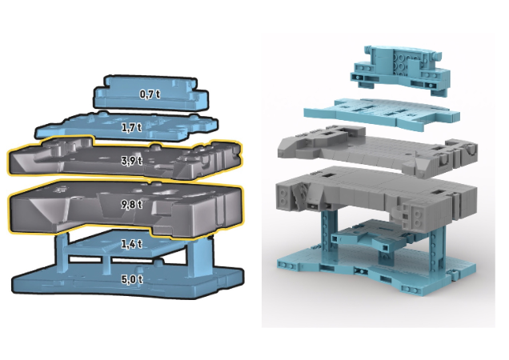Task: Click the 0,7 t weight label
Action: click(147, 94)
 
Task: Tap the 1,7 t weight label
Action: click(131, 127)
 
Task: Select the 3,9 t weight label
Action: click(131, 161)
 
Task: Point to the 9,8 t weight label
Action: click(131, 205)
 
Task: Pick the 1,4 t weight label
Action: click(130, 243)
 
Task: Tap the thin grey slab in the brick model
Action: click(368, 152)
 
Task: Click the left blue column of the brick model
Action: click(330, 236)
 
